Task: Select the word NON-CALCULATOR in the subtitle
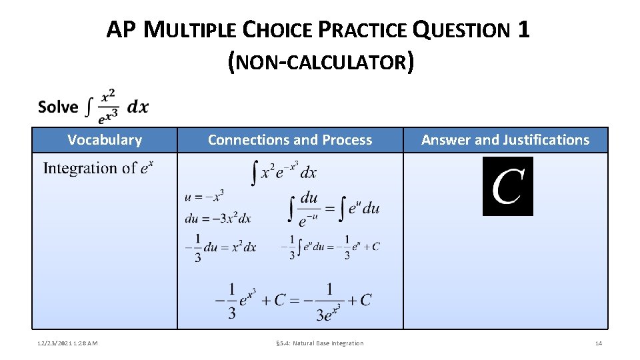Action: click(320, 62)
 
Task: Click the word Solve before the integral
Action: click(58, 107)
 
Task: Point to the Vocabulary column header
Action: click(105, 140)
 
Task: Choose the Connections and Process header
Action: click(290, 140)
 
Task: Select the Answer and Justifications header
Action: click(505, 140)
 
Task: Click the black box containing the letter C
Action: click(508, 186)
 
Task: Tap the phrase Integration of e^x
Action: click(98, 168)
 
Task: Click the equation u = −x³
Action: click(205, 196)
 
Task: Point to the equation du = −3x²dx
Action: click(218, 218)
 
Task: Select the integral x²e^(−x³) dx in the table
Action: click(283, 171)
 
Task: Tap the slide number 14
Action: click(598, 343)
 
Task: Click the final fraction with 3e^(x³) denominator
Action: click(331, 301)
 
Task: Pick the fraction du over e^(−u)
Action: click(309, 208)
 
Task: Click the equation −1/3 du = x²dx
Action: click(220, 247)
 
